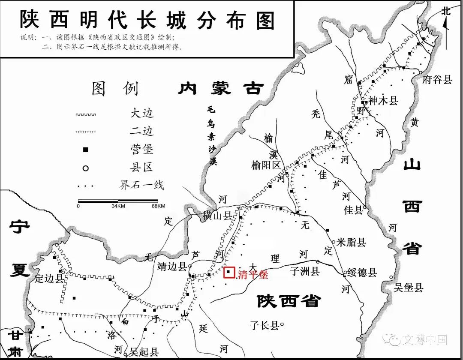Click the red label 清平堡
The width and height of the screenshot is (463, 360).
(x=253, y=275)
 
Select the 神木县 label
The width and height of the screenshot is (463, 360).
(x=383, y=101)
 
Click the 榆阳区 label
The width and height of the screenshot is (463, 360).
(x=266, y=165)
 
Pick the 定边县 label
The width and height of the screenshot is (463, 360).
(x=49, y=278)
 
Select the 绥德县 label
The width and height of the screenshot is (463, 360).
(x=362, y=272)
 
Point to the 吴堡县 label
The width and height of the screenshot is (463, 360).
(x=409, y=288)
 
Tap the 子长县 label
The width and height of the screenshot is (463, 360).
(x=264, y=326)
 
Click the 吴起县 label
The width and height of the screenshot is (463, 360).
(x=144, y=352)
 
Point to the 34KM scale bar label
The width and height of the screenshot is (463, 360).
(x=118, y=206)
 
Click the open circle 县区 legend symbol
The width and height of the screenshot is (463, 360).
(x=85, y=168)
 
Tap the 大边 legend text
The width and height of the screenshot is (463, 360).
(x=142, y=114)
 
